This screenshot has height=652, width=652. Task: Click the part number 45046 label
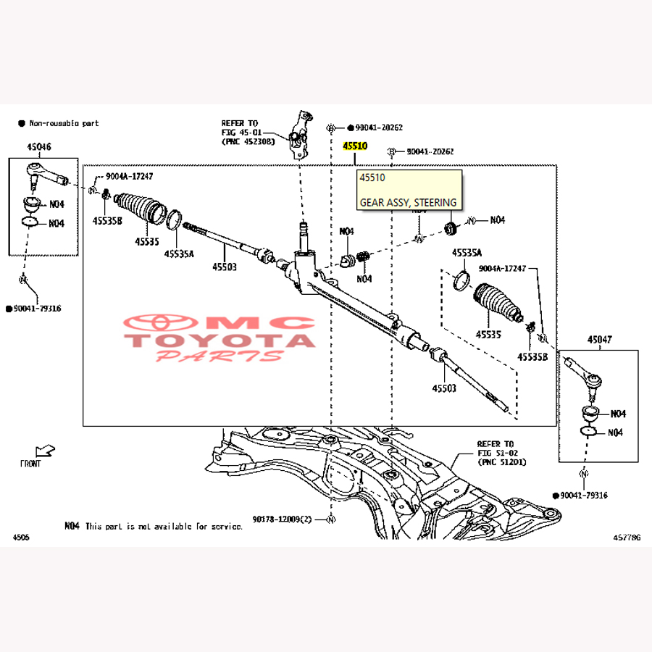pos(39,146)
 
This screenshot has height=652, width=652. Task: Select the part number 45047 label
pos(599,339)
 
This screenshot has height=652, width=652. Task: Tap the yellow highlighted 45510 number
pos(355,146)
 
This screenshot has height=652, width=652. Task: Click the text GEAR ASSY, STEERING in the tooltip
pos(408,203)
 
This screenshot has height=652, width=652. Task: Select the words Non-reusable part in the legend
pos(64,124)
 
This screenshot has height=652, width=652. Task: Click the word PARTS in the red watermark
pos(220,356)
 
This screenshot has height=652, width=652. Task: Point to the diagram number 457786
pos(627,537)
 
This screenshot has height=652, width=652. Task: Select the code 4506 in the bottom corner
pos(22,537)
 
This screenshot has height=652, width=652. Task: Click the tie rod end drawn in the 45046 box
pos(46,173)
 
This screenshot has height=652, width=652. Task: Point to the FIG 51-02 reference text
pos(496,453)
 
